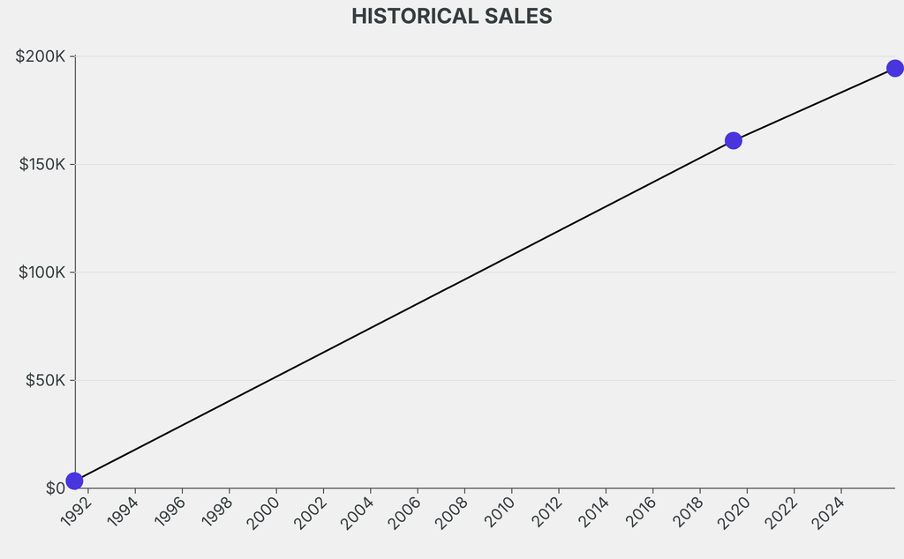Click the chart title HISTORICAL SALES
pos(451,16)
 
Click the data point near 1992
pos(74,481)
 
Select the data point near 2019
pos(733,140)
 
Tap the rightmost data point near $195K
pos(894,68)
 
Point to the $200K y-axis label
pos(41,56)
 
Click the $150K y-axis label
pos(42,165)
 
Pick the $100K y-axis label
pos(42,272)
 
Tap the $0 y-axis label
pos(56,488)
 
